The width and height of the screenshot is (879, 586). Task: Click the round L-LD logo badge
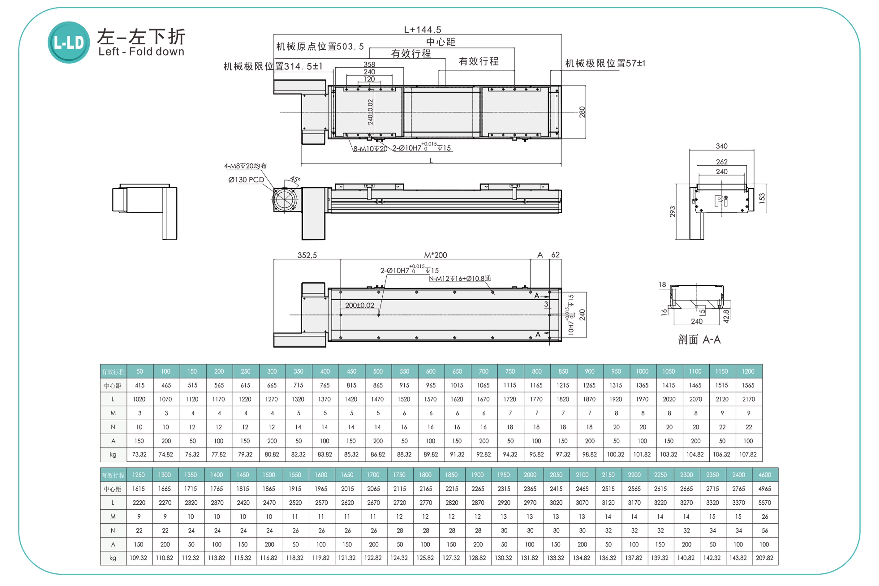pos(69,43)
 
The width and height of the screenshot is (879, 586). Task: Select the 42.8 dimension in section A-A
pos(726,316)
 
